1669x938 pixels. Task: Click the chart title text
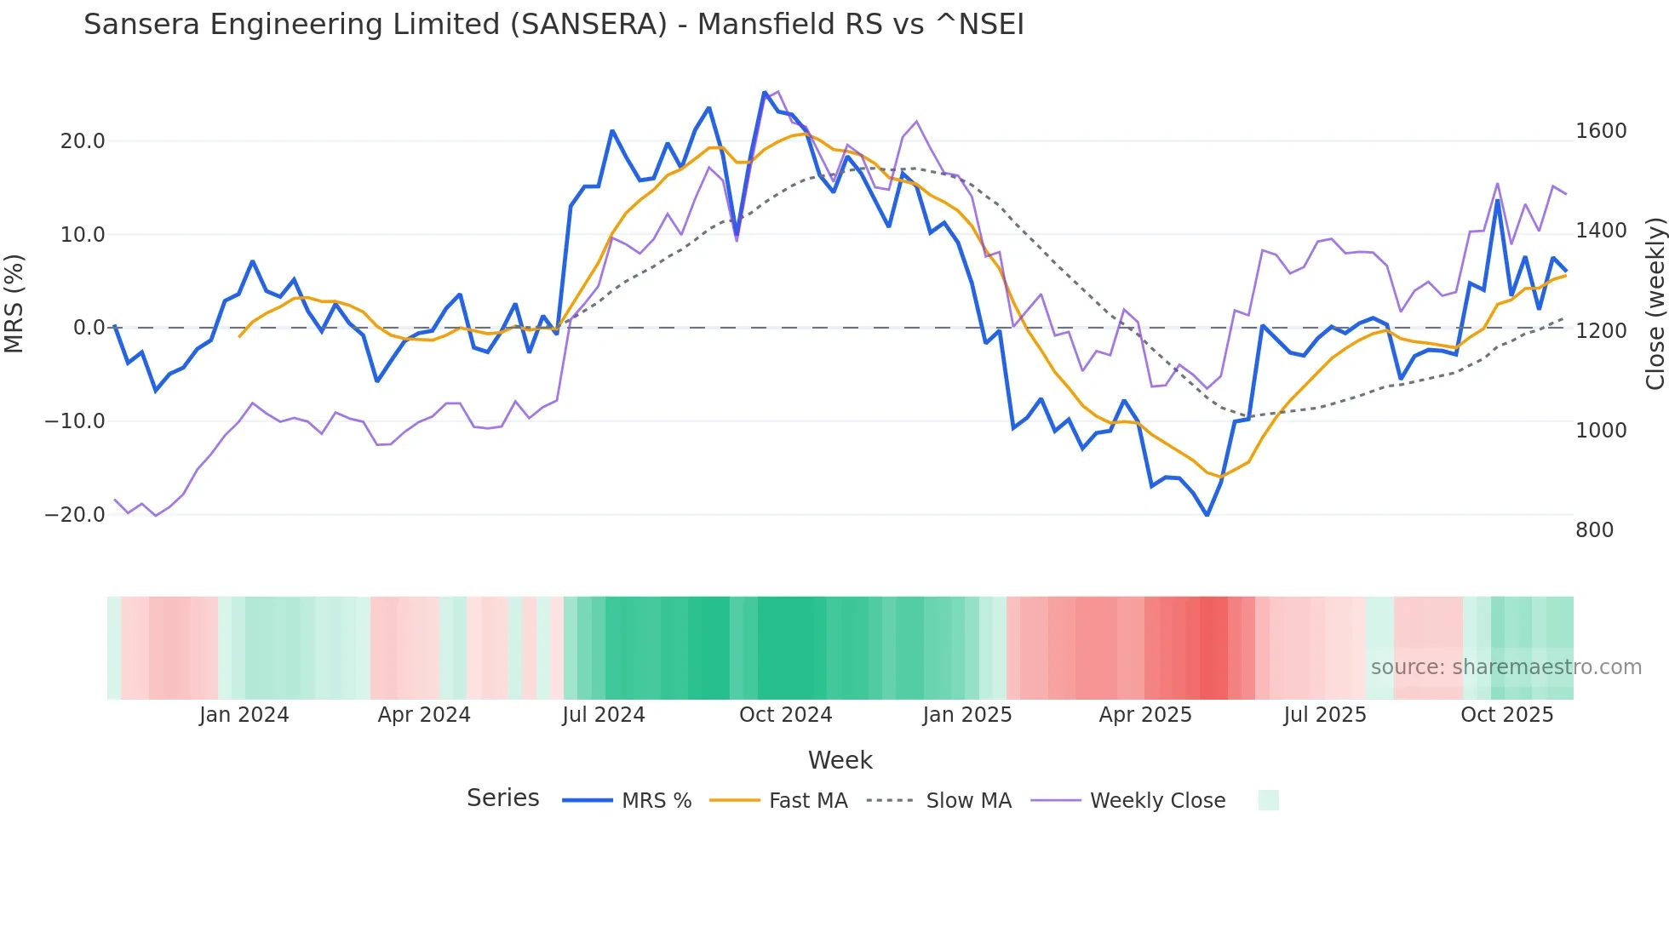pos(553,25)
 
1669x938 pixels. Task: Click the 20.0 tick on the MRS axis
pos(83,141)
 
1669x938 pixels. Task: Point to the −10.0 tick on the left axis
pos(75,421)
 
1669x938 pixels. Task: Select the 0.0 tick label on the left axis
pos(89,328)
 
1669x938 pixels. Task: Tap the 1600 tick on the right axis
pos(1601,131)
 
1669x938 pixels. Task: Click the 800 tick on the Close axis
pos(1594,530)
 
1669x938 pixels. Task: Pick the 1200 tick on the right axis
pos(1601,331)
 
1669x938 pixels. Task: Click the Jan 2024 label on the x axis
pos(244,715)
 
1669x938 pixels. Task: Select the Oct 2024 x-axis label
pos(785,715)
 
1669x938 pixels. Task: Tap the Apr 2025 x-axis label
pos(1145,715)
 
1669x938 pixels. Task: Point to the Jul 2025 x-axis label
pos(1325,715)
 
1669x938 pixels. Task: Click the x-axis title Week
pos(840,760)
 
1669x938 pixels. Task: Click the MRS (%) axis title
pos(14,303)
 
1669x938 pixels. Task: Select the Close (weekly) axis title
pos(1655,303)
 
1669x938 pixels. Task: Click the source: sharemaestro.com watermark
pos(1506,667)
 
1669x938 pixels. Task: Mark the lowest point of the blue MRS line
pos(1207,515)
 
